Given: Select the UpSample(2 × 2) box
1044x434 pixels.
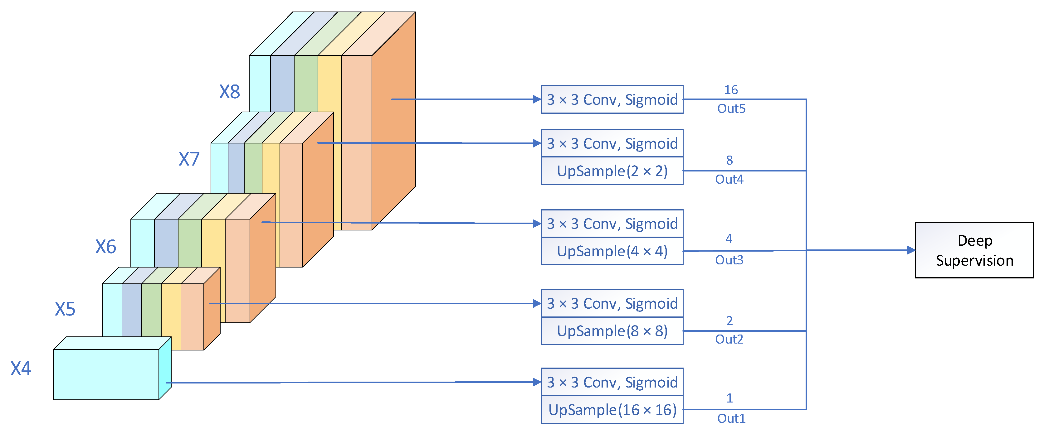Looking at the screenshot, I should tap(612, 171).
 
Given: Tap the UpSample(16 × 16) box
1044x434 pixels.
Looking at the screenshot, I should tap(612, 410).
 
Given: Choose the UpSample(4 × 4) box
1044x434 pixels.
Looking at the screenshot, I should tap(612, 251).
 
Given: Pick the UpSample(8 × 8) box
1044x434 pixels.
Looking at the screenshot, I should tap(612, 331).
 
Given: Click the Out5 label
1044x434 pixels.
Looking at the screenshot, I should tap(731, 109).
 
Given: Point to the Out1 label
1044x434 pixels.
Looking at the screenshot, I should tap(731, 418).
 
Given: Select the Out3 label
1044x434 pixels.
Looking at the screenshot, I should tap(729, 260).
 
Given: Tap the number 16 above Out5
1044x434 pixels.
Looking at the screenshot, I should tap(731, 90).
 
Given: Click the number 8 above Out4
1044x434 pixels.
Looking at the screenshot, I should tap(729, 160).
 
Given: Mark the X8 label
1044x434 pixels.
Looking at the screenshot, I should tap(229, 92).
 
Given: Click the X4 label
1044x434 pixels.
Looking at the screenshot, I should tap(21, 369).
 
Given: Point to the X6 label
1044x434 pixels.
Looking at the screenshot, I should tap(105, 247).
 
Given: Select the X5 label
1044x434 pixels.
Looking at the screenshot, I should tap(65, 309).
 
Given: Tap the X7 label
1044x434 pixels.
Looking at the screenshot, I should tap(189, 159).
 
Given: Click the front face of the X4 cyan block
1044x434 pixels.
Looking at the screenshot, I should tap(106, 374).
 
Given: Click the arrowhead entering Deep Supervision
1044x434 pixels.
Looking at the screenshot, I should tap(911, 250).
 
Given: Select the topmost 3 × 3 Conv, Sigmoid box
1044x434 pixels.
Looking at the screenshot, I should tap(612, 99).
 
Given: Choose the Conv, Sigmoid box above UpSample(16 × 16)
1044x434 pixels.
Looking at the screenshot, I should tap(612, 382).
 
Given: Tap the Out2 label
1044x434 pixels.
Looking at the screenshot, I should tap(729, 339).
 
